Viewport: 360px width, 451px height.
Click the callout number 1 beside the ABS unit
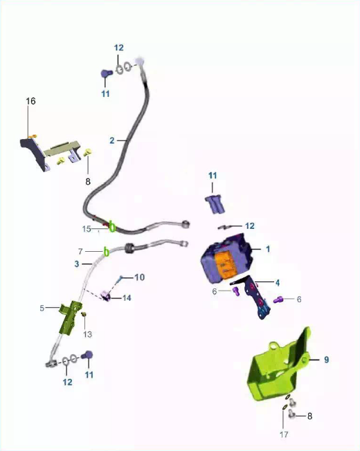(x=268, y=249)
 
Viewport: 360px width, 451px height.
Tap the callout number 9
(x=326, y=360)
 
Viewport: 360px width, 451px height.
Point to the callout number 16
(x=30, y=101)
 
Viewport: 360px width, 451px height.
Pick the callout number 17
(x=284, y=434)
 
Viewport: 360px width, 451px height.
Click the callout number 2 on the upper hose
(x=112, y=140)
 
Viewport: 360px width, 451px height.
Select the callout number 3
(x=77, y=264)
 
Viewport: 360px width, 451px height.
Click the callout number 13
(x=87, y=334)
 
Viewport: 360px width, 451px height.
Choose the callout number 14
(x=127, y=298)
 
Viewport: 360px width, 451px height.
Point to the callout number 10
(x=140, y=277)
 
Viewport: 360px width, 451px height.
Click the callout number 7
(x=80, y=252)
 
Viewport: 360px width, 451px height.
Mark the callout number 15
(x=87, y=229)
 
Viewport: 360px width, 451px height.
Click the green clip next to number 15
(x=112, y=227)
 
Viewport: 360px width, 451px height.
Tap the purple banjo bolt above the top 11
(x=107, y=73)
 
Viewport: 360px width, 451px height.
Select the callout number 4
(x=278, y=283)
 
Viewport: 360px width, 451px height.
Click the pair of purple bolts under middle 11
(x=216, y=204)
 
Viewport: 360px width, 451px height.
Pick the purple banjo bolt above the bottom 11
(x=87, y=355)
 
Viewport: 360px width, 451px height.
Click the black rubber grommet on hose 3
(x=129, y=248)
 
